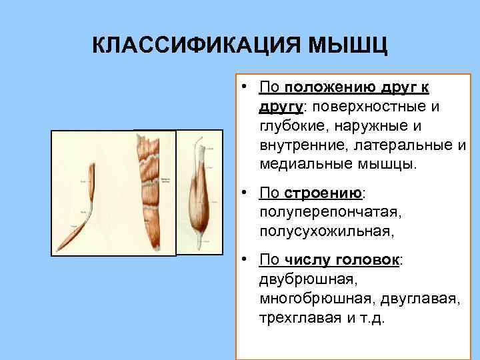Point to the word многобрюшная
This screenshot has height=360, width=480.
pos(311,298)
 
